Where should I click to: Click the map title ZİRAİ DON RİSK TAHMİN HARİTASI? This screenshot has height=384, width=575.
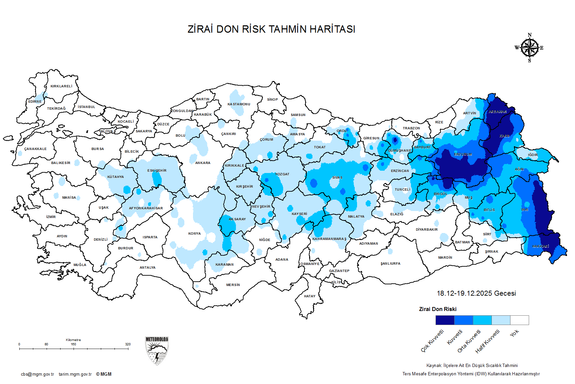pyautogui.click(x=271, y=29)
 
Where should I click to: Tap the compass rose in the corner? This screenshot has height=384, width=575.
pyautogui.click(x=529, y=48)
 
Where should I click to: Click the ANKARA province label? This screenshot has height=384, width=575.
pyautogui.click(x=203, y=163)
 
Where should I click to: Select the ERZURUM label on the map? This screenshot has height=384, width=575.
pyautogui.click(x=463, y=155)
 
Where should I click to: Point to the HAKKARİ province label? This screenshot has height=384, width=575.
pyautogui.click(x=540, y=246)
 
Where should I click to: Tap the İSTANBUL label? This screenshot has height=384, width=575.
pyautogui.click(x=87, y=107)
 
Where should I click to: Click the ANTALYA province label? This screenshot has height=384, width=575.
pyautogui.click(x=147, y=268)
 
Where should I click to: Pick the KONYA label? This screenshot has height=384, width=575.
pyautogui.click(x=194, y=234)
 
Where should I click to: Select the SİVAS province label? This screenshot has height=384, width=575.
pyautogui.click(x=337, y=178)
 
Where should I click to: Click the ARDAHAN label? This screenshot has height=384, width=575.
pyautogui.click(x=497, y=112)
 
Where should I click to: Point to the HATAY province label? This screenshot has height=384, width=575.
pyautogui.click(x=309, y=296)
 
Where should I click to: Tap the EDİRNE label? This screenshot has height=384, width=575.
pyautogui.click(x=35, y=102)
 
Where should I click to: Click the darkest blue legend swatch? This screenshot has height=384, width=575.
pyautogui.click(x=445, y=320)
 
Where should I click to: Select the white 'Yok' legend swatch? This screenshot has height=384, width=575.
pyautogui.click(x=519, y=320)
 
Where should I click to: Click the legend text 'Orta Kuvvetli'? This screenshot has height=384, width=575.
pyautogui.click(x=469, y=341)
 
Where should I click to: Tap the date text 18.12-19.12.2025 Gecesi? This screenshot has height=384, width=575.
pyautogui.click(x=476, y=293)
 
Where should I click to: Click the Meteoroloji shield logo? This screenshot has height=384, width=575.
pyautogui.click(x=157, y=351)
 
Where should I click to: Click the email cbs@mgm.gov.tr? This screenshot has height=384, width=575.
pyautogui.click(x=37, y=374)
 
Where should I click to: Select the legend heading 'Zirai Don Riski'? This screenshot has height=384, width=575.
pyautogui.click(x=438, y=309)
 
